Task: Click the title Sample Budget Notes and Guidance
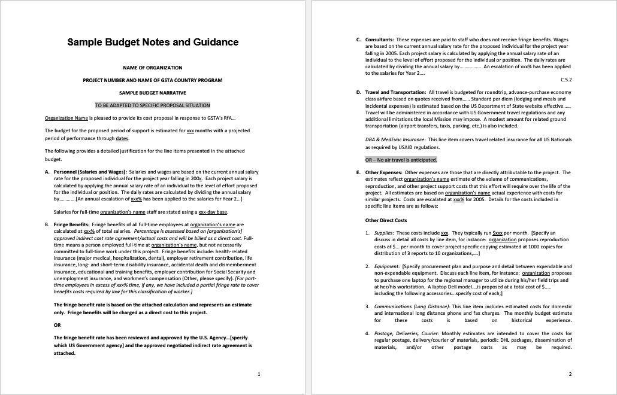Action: coord(153,42)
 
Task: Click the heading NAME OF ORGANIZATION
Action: coord(152,68)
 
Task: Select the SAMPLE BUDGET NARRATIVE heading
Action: coord(152,93)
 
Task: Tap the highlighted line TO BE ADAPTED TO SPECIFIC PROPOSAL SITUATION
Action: coord(152,105)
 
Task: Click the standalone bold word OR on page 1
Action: coord(57,325)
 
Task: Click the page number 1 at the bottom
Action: coord(258,374)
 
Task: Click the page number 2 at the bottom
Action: coord(570,374)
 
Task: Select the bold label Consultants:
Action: coord(379,39)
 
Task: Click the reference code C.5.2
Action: coord(565,79)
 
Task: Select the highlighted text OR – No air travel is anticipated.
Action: coord(401,160)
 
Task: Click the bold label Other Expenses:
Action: coord(384,172)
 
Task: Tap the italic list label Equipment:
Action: coord(387,266)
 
